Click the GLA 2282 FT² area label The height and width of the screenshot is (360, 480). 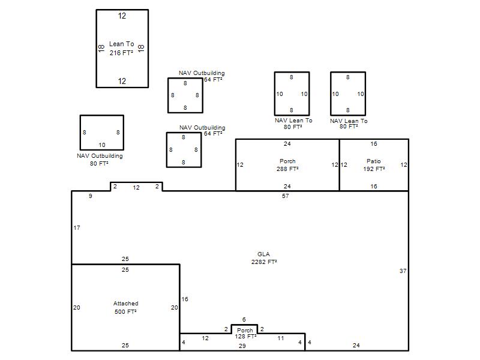point(264,258)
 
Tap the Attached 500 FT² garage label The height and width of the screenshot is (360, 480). point(126,307)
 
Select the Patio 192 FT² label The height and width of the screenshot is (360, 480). point(374,165)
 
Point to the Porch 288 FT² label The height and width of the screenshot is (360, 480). point(287,165)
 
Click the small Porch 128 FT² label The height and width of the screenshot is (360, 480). point(245,334)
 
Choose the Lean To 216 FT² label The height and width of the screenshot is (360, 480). point(122,49)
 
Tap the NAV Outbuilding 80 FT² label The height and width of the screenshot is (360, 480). point(100,160)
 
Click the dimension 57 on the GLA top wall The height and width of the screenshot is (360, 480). point(286,196)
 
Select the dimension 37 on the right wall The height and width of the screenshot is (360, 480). point(403,271)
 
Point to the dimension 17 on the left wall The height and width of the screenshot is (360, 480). point(77,228)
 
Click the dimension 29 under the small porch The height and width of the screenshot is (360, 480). point(242,346)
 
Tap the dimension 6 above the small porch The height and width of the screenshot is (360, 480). point(244,320)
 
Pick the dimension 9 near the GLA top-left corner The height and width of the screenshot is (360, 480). point(91,196)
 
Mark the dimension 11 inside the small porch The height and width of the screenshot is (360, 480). point(281,338)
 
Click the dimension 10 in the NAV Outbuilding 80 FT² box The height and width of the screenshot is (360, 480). point(102,145)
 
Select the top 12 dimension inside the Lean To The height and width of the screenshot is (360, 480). point(122,16)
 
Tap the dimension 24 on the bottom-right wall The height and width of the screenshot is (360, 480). point(356,346)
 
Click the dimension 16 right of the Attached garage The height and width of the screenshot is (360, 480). point(185,299)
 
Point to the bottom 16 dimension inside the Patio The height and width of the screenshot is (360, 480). point(374,186)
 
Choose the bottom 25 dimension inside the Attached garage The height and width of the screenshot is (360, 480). point(125,346)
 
